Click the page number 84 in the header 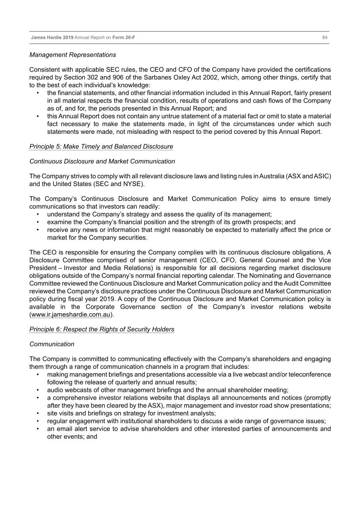(x=325, y=37)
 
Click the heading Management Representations (x=72, y=55)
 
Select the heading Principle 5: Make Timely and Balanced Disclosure (x=101, y=147)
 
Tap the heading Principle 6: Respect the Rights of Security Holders (x=101, y=329)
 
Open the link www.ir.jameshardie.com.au (x=71, y=314)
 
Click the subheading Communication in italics (x=51, y=344)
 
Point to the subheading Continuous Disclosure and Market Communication (x=102, y=161)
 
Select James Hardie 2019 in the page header (x=52, y=37)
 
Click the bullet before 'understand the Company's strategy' (x=38, y=214)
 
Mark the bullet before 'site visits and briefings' (x=38, y=414)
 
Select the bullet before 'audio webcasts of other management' (x=38, y=390)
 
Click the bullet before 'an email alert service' (x=38, y=429)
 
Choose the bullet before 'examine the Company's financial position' (x=38, y=222)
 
